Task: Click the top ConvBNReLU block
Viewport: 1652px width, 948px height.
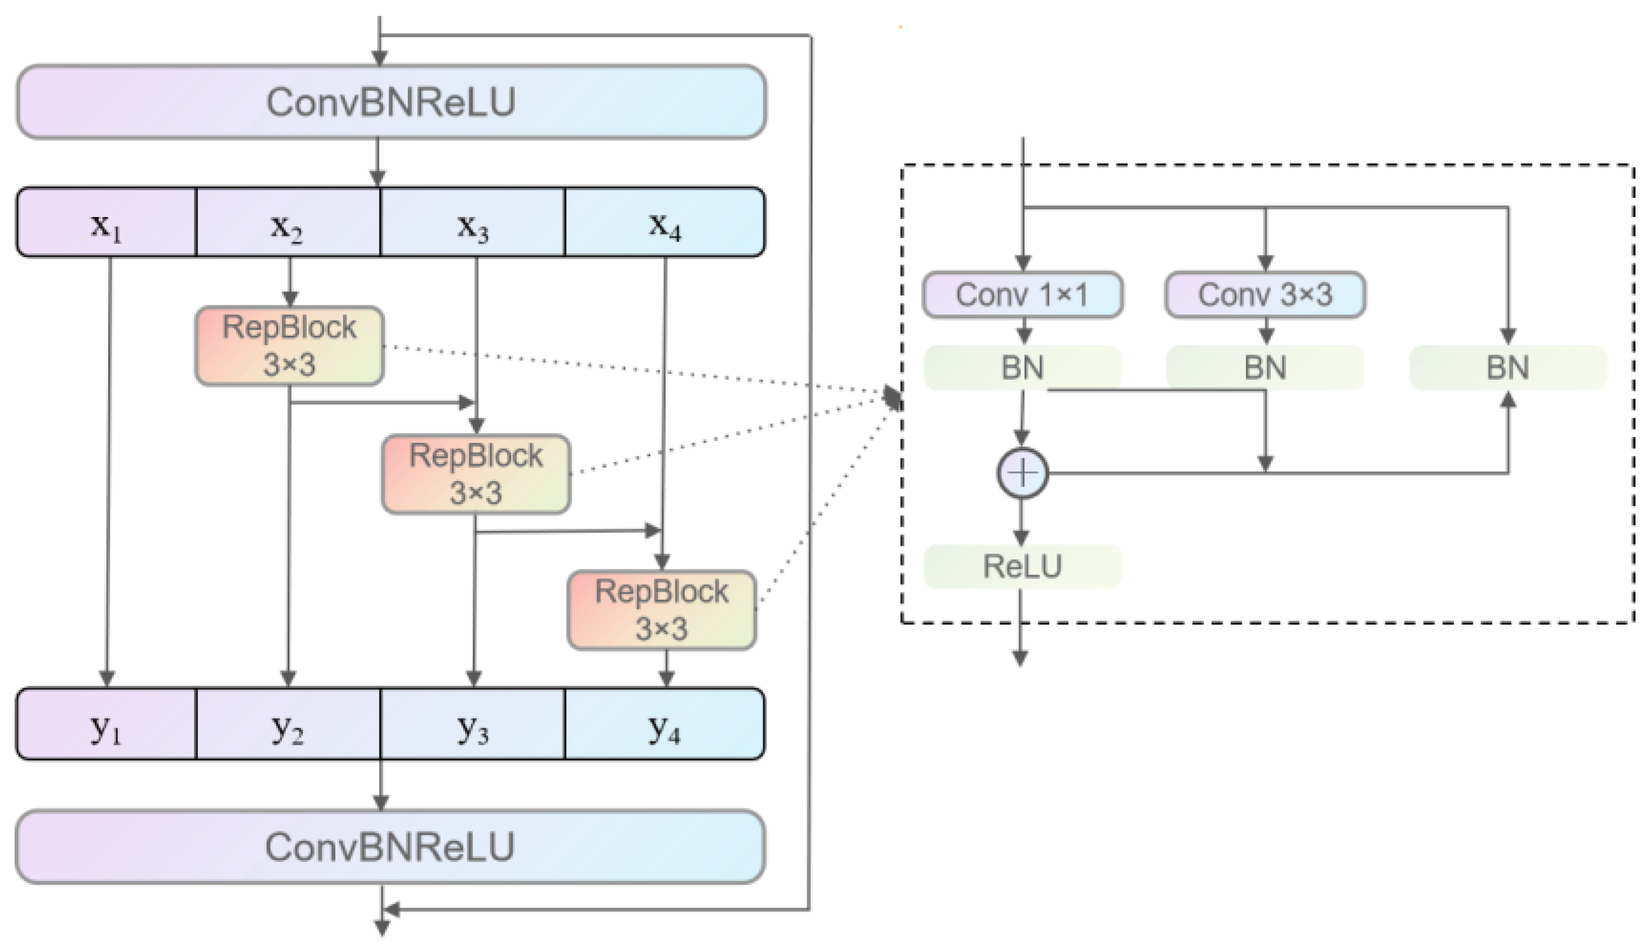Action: (x=391, y=102)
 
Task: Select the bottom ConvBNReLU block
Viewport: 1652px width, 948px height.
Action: (x=391, y=847)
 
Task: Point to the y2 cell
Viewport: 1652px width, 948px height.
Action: (x=288, y=725)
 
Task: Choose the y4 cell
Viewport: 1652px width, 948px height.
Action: (x=665, y=725)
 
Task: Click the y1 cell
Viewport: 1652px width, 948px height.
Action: (x=106, y=725)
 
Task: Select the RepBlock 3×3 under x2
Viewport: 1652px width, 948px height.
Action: (x=289, y=345)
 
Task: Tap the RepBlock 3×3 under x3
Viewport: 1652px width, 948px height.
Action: (x=476, y=474)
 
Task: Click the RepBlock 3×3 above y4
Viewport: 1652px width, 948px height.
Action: (x=662, y=610)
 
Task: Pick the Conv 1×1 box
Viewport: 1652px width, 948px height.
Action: (x=1023, y=295)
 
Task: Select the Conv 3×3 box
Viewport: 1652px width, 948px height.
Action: (x=1265, y=295)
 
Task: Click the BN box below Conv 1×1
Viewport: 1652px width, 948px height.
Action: (x=1023, y=368)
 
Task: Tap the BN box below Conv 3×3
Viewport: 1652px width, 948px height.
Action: (x=1265, y=368)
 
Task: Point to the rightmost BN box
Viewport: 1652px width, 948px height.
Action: (x=1508, y=368)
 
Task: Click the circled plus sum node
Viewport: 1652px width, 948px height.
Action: (x=1023, y=473)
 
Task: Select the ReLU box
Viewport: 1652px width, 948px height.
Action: (x=1023, y=566)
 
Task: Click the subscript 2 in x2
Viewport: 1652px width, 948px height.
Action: (x=297, y=235)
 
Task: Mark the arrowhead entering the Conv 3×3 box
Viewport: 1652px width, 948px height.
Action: (x=1265, y=262)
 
